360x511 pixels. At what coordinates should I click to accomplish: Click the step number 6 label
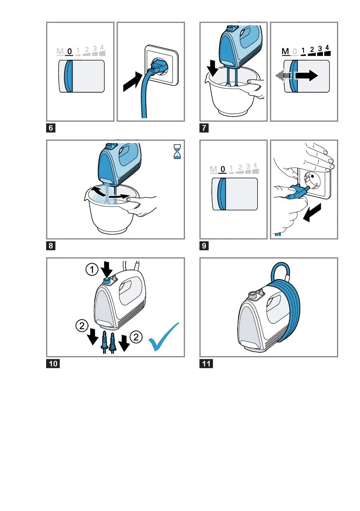[51, 128]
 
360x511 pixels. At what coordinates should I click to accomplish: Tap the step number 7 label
[204, 128]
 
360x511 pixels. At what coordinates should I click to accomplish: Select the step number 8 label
[51, 246]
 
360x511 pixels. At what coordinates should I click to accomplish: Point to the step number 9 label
[204, 246]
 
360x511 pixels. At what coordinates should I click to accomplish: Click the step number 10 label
[53, 363]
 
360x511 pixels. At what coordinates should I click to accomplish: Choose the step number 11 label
[206, 363]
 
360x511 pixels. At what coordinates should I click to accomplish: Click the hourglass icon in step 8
[177, 152]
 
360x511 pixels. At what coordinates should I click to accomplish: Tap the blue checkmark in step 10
[164, 337]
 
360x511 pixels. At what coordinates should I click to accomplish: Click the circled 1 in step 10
[92, 270]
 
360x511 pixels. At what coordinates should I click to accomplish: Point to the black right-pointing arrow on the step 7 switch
[306, 75]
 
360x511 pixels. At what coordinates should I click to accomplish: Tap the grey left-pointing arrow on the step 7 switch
[283, 75]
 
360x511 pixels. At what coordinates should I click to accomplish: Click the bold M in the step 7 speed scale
[285, 52]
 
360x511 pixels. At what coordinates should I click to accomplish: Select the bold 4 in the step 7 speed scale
[327, 48]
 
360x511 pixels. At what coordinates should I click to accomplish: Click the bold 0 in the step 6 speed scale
[70, 52]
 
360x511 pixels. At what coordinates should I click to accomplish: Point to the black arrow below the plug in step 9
[312, 213]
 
